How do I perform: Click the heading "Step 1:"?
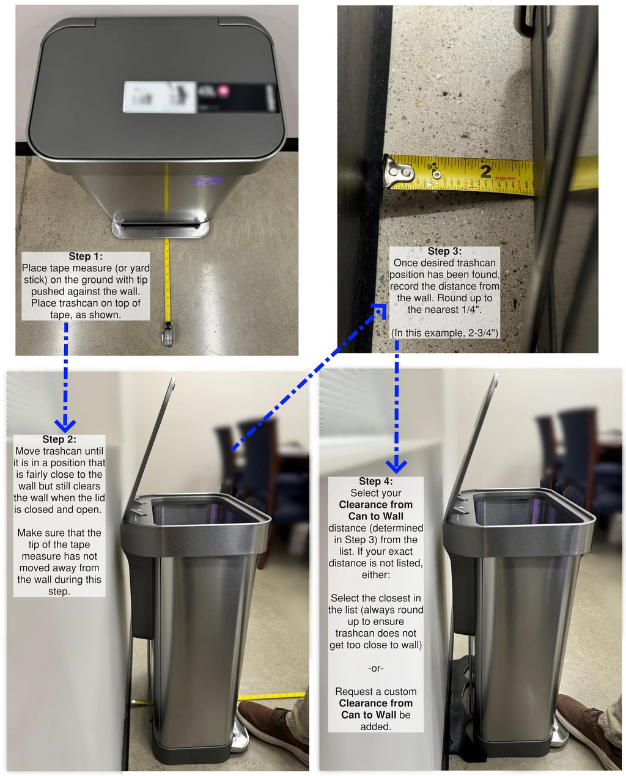point(86,257)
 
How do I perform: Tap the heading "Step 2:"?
point(59,439)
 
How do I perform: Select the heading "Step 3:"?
point(444,251)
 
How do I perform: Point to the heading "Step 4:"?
point(375,481)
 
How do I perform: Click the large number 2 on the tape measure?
point(486,170)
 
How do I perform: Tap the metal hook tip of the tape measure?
point(398,172)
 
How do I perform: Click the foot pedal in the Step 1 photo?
point(160,227)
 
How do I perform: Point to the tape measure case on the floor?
point(167,333)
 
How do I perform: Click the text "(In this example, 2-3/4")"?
point(444,333)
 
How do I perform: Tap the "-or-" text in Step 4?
point(375,668)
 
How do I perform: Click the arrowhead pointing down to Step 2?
point(65,425)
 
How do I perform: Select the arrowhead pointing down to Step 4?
point(396,466)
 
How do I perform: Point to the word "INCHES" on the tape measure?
point(506,178)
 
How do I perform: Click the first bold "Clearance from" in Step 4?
point(375,505)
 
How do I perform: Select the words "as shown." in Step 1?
point(101,315)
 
